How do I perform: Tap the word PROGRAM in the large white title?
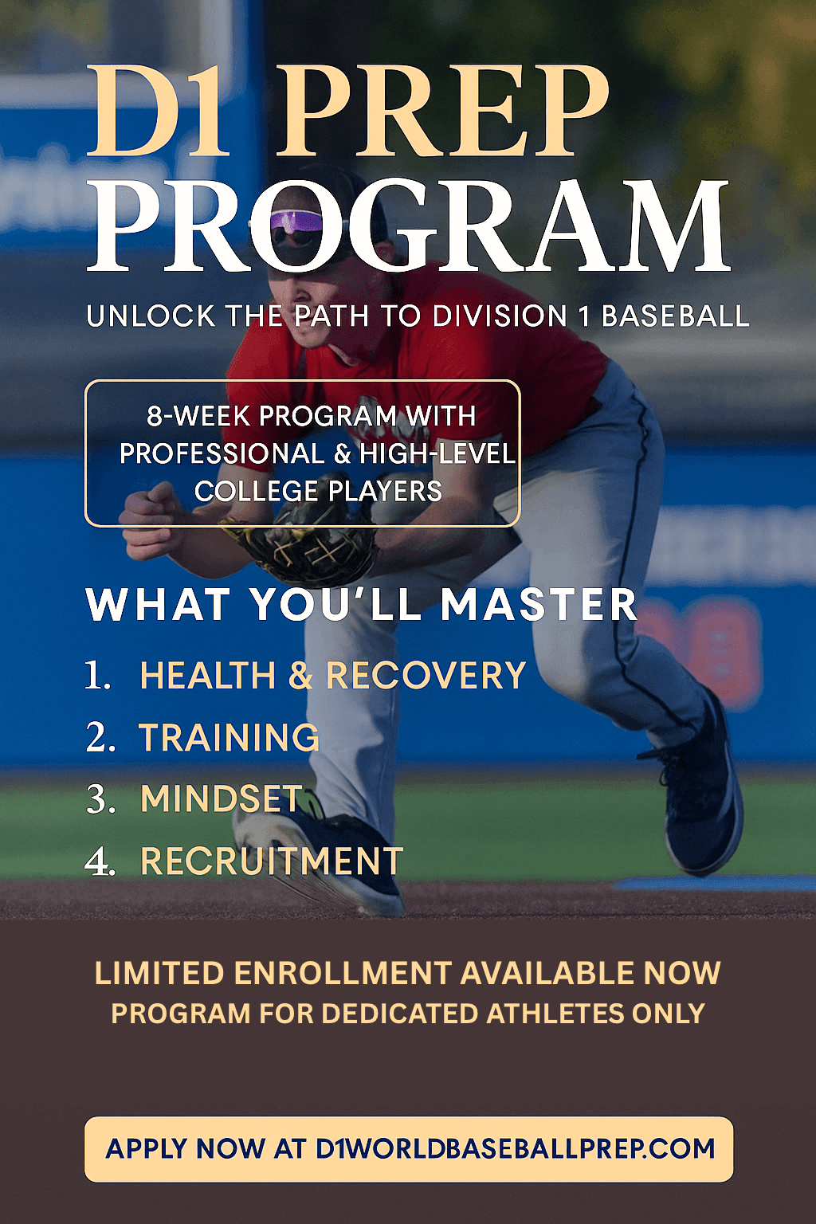click(408, 226)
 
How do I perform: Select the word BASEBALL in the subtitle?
click(675, 316)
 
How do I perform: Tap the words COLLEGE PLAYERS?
click(318, 491)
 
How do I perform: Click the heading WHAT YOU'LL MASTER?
click(362, 605)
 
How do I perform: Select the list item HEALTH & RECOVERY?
click(332, 676)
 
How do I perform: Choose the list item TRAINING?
click(229, 738)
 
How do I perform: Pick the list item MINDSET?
click(222, 799)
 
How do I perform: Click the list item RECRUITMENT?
click(272, 861)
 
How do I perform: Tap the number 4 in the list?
click(100, 861)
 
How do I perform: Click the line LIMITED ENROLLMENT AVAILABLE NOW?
click(407, 974)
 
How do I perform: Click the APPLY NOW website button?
click(409, 1149)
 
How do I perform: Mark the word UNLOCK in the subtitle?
click(151, 316)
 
